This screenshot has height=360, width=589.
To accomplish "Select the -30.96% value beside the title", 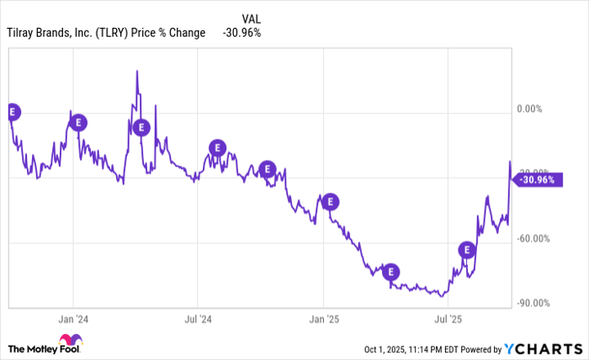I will click(x=242, y=33).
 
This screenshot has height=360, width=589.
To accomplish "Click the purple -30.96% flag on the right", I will click(x=537, y=179).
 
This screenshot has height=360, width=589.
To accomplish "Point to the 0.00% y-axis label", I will click(x=531, y=109).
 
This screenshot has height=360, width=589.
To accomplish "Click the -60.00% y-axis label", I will click(x=533, y=238).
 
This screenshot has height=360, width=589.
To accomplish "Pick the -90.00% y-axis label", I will click(x=533, y=304).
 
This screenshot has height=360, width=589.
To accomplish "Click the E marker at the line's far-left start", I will click(x=12, y=110).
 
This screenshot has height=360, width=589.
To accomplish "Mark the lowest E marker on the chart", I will click(x=390, y=272).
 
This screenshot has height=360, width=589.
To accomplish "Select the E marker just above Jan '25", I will click(x=331, y=201).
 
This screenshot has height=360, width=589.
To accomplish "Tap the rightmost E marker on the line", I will click(x=466, y=249).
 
